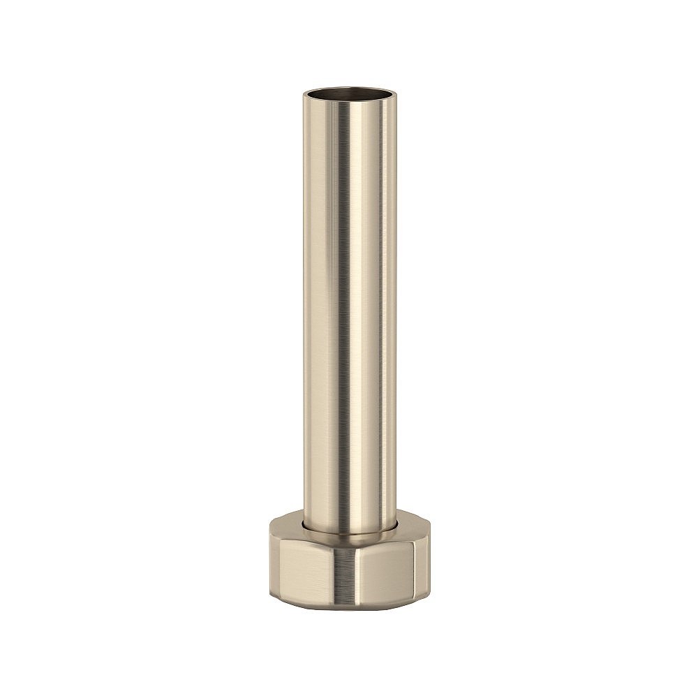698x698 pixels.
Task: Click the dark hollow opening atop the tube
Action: coord(349,92)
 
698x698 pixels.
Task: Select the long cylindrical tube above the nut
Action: coord(349,314)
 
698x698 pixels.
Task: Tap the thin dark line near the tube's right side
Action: coord(385,314)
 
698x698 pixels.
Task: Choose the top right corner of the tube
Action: coord(394,94)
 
